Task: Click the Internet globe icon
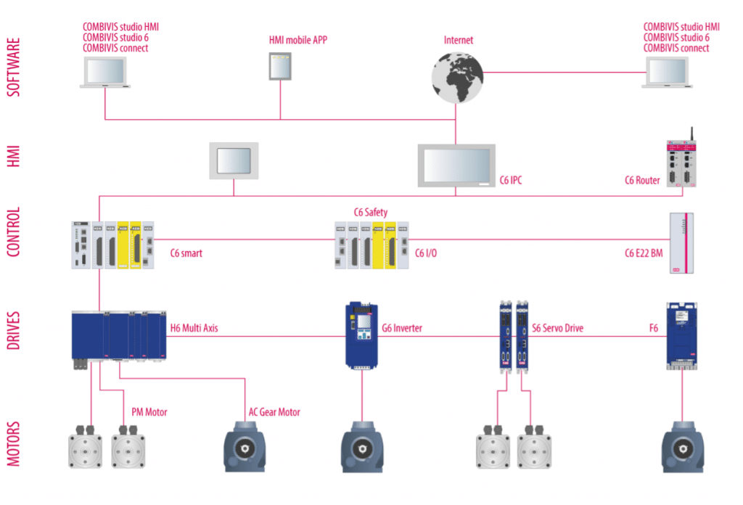(x=456, y=78)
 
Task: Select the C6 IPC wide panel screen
(x=456, y=165)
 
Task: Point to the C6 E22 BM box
(x=681, y=242)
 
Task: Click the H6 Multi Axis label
(x=194, y=329)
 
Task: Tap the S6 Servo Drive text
(x=557, y=329)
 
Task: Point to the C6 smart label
(x=186, y=253)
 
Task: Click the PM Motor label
(x=149, y=412)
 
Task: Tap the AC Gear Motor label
(x=274, y=412)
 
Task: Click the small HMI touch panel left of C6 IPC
(x=234, y=160)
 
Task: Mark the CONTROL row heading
(x=13, y=232)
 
